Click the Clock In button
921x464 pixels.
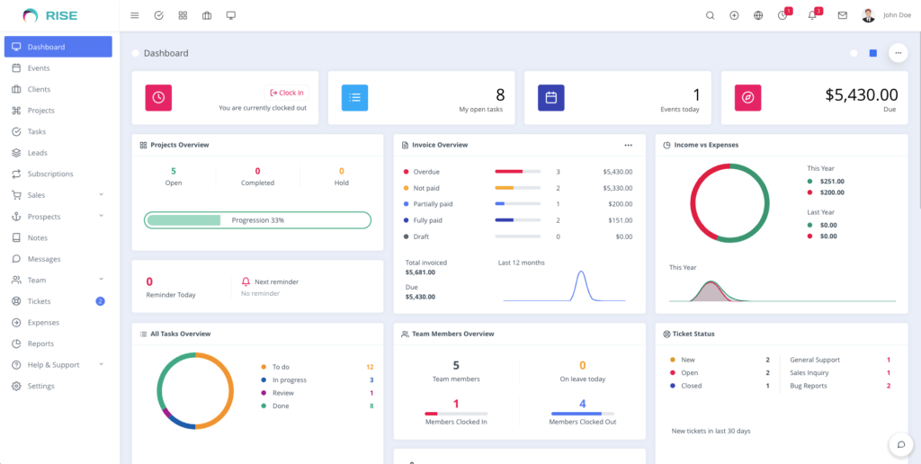tap(286, 93)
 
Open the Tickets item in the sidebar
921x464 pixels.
tap(39, 301)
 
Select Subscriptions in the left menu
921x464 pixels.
tap(49, 174)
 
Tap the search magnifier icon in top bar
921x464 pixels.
tap(710, 15)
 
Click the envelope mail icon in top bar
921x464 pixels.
tap(842, 15)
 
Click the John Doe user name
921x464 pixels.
tap(897, 15)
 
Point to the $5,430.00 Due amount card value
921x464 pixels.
tap(861, 94)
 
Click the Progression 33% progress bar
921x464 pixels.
tap(257, 220)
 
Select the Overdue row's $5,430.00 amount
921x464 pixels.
tap(617, 172)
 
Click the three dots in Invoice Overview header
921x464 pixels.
tap(628, 145)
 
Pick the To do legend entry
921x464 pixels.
tap(281, 367)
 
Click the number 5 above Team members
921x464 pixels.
tap(456, 365)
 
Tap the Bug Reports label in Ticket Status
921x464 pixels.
tap(808, 386)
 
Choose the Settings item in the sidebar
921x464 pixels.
tap(40, 386)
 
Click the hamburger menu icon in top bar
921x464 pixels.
tap(135, 15)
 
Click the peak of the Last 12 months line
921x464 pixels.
tap(581, 272)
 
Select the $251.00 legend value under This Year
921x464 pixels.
tap(832, 181)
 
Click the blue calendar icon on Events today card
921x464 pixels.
tap(550, 98)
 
